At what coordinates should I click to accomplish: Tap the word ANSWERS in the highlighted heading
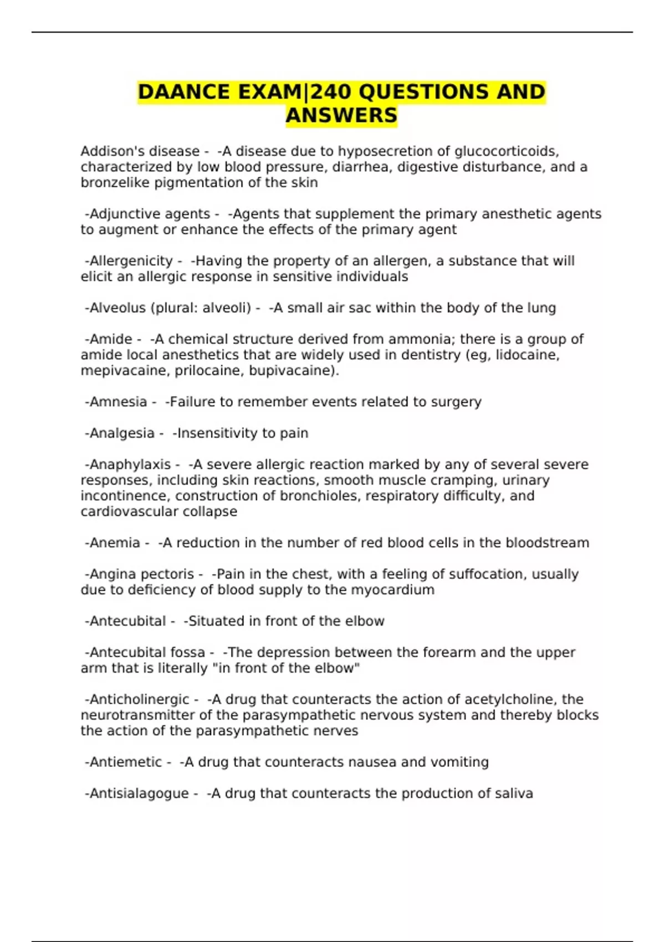(341, 116)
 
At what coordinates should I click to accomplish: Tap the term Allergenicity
(131, 261)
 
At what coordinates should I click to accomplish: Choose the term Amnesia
(118, 402)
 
